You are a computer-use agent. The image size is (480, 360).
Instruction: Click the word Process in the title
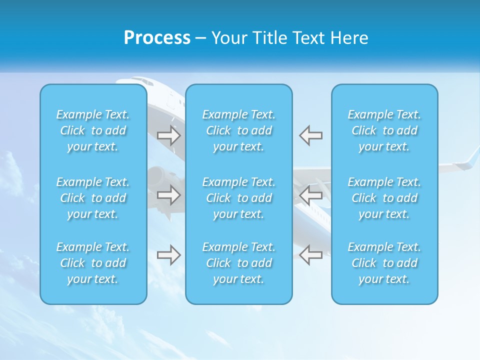click(157, 38)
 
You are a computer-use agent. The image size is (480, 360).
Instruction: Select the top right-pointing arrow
click(169, 135)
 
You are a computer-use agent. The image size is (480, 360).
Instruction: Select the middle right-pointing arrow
click(169, 195)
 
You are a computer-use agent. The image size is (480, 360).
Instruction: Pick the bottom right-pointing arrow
click(169, 255)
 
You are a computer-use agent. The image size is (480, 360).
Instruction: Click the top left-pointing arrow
click(311, 135)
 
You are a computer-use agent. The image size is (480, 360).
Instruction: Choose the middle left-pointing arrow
click(311, 195)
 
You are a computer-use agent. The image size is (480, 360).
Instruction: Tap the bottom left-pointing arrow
click(311, 255)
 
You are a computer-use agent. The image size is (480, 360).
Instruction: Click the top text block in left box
click(93, 130)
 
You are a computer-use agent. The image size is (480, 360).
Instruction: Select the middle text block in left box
click(93, 198)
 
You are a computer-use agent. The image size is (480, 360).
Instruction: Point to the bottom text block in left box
click(93, 263)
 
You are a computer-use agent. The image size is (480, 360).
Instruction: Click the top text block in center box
click(239, 130)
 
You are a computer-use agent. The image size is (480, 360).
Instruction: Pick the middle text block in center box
click(239, 198)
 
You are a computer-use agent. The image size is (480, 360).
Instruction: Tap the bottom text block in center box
click(239, 263)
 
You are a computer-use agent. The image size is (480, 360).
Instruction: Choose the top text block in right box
click(384, 130)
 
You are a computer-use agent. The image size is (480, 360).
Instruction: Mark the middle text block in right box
click(384, 198)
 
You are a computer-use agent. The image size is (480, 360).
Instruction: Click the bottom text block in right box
click(384, 263)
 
